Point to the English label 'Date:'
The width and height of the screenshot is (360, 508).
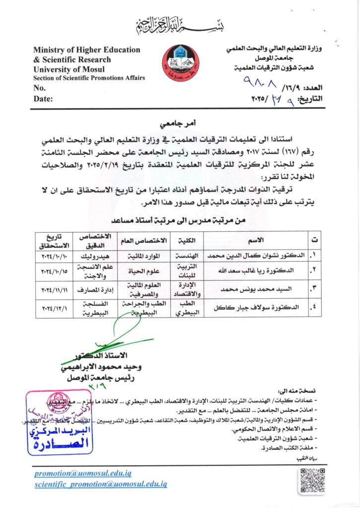(x=43, y=99)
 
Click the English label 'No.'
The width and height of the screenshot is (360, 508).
(x=40, y=88)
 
